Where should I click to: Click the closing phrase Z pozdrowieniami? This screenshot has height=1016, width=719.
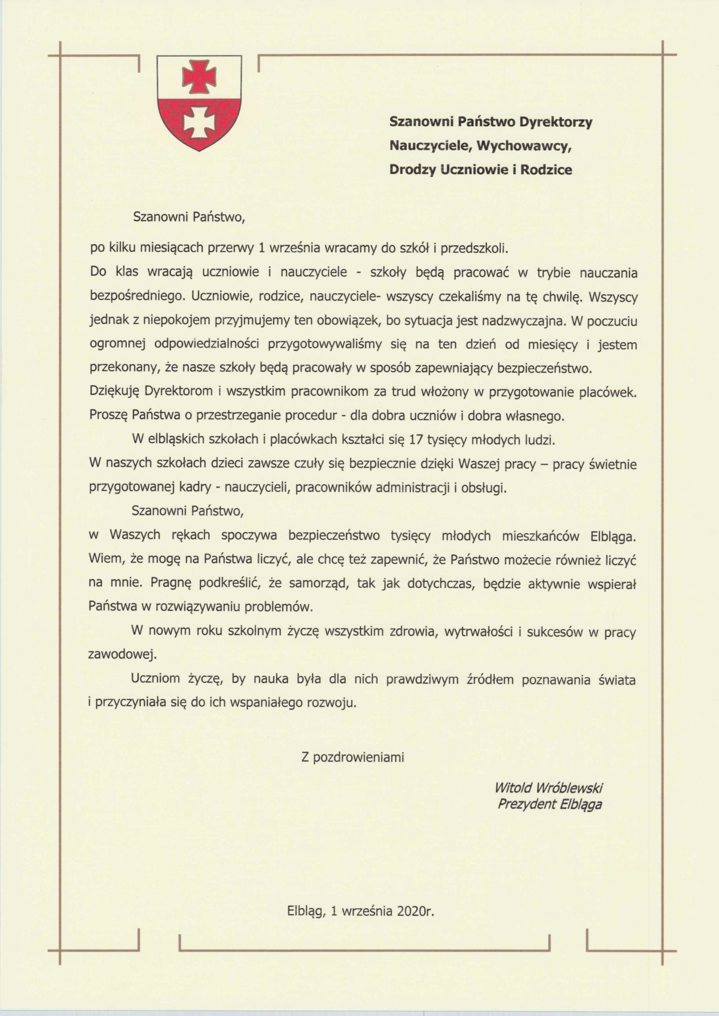click(x=353, y=757)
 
